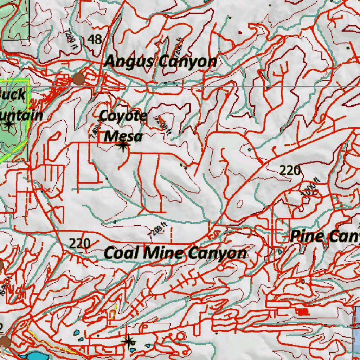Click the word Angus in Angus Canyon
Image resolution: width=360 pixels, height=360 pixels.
(x=129, y=62)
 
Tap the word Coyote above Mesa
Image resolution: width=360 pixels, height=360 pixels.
(x=123, y=116)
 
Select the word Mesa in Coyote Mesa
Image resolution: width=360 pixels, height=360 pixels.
(x=123, y=136)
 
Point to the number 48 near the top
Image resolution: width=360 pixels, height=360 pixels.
(x=95, y=39)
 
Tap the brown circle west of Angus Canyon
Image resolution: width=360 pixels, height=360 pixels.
(x=78, y=79)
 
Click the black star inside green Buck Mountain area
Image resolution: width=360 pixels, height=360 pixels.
(x=8, y=124)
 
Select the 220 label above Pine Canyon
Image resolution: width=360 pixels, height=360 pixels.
(x=290, y=171)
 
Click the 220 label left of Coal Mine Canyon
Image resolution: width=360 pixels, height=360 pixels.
(x=79, y=243)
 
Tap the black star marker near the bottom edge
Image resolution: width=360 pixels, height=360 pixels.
(x=128, y=341)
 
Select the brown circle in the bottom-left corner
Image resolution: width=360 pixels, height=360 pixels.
(x=5, y=341)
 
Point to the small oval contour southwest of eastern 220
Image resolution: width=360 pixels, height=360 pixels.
(x=240, y=204)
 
